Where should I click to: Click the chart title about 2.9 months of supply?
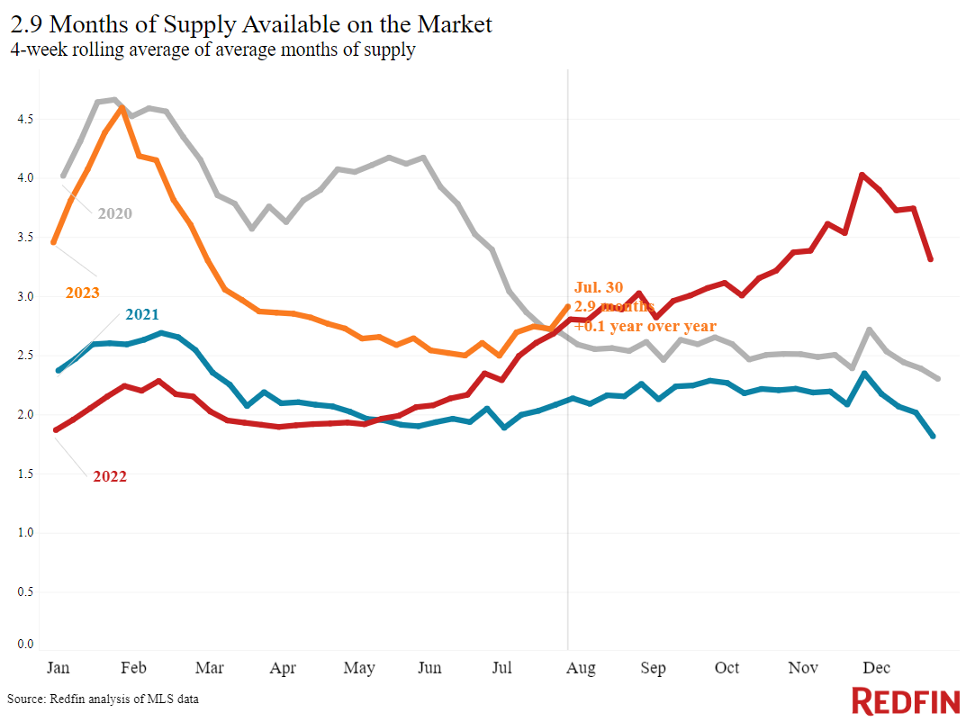coord(251,23)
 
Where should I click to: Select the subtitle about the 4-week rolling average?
coord(212,50)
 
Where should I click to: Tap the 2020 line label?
coord(115,213)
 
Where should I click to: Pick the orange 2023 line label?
coord(82,293)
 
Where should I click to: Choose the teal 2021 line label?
coord(143,314)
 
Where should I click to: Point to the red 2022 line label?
coord(110,476)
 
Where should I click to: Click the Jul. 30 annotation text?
coord(598,288)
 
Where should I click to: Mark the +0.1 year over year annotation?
coord(646,326)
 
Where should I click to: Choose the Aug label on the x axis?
coord(582,668)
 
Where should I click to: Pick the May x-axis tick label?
coord(359,668)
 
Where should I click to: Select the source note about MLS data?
coord(104,699)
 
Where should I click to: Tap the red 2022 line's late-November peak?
coord(862,175)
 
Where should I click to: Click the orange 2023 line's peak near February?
coord(122,108)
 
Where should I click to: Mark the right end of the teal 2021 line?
coord(932,436)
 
